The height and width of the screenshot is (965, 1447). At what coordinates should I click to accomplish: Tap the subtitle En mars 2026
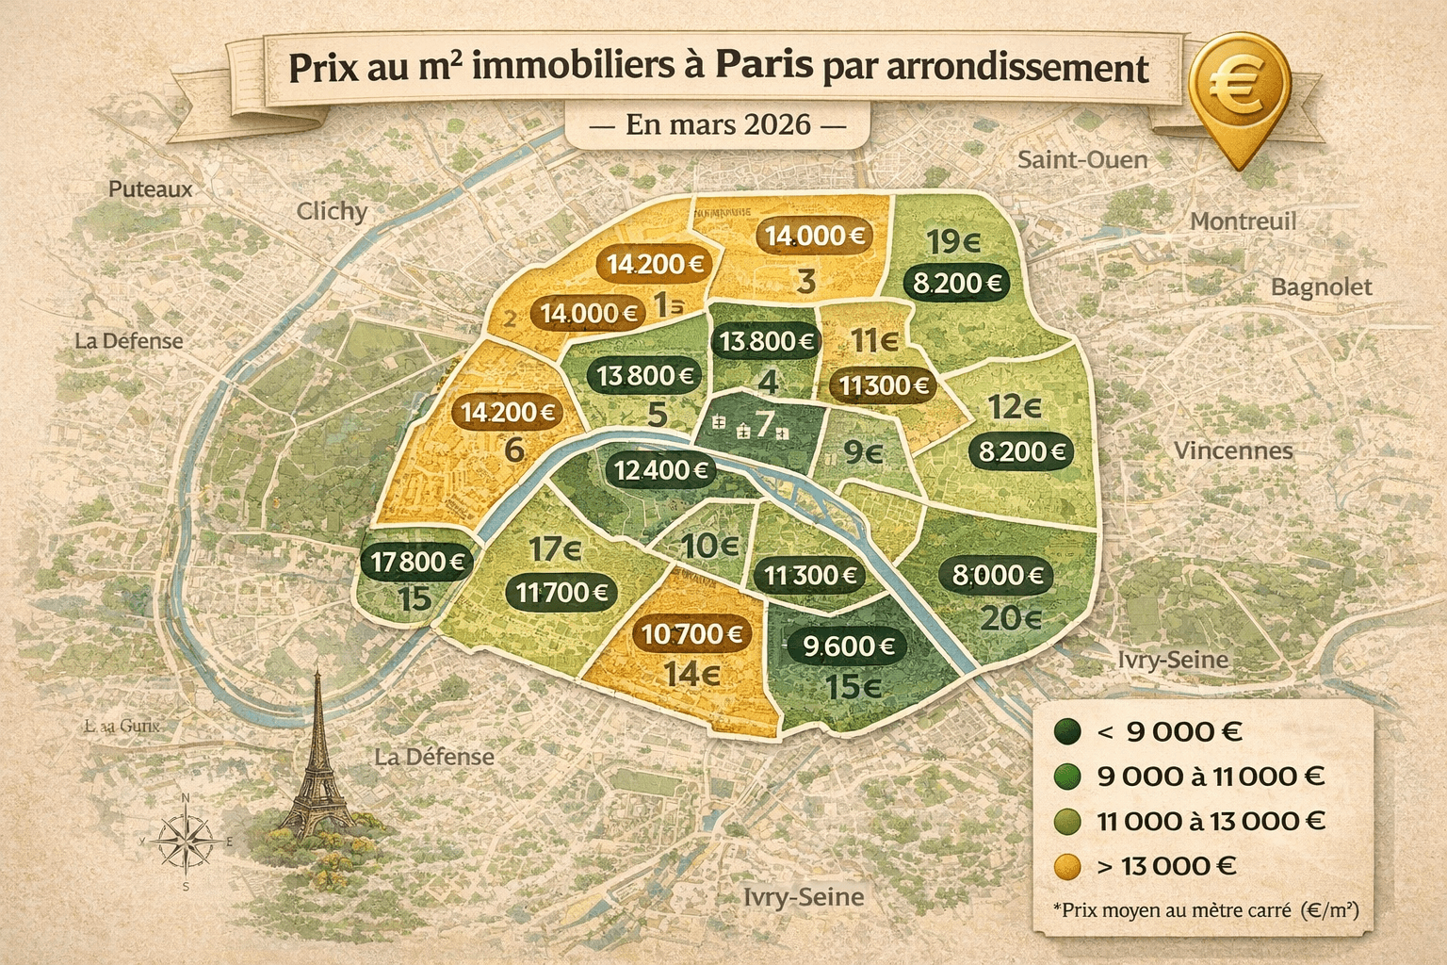click(718, 124)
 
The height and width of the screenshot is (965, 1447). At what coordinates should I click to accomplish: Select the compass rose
click(185, 841)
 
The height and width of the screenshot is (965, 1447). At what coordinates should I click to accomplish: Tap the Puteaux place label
click(150, 188)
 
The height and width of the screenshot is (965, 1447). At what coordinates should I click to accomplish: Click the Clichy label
click(332, 211)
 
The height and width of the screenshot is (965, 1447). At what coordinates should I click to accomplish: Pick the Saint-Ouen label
click(1082, 159)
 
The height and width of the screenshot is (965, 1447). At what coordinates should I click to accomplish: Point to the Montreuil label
click(1243, 221)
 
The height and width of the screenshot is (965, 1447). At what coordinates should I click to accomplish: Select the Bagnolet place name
click(1321, 286)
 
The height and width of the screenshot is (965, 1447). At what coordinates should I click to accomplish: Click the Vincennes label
click(1232, 450)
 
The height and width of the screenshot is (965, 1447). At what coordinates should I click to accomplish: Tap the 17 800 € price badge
click(418, 562)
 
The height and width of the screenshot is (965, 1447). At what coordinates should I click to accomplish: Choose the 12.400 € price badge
click(661, 468)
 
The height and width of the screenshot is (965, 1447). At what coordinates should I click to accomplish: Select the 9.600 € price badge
click(848, 646)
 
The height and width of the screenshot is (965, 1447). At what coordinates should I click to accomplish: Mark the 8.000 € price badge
click(997, 575)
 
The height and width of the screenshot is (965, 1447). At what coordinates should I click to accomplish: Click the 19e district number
click(953, 242)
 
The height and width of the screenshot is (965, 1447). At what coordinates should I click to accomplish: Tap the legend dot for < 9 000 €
click(1067, 731)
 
